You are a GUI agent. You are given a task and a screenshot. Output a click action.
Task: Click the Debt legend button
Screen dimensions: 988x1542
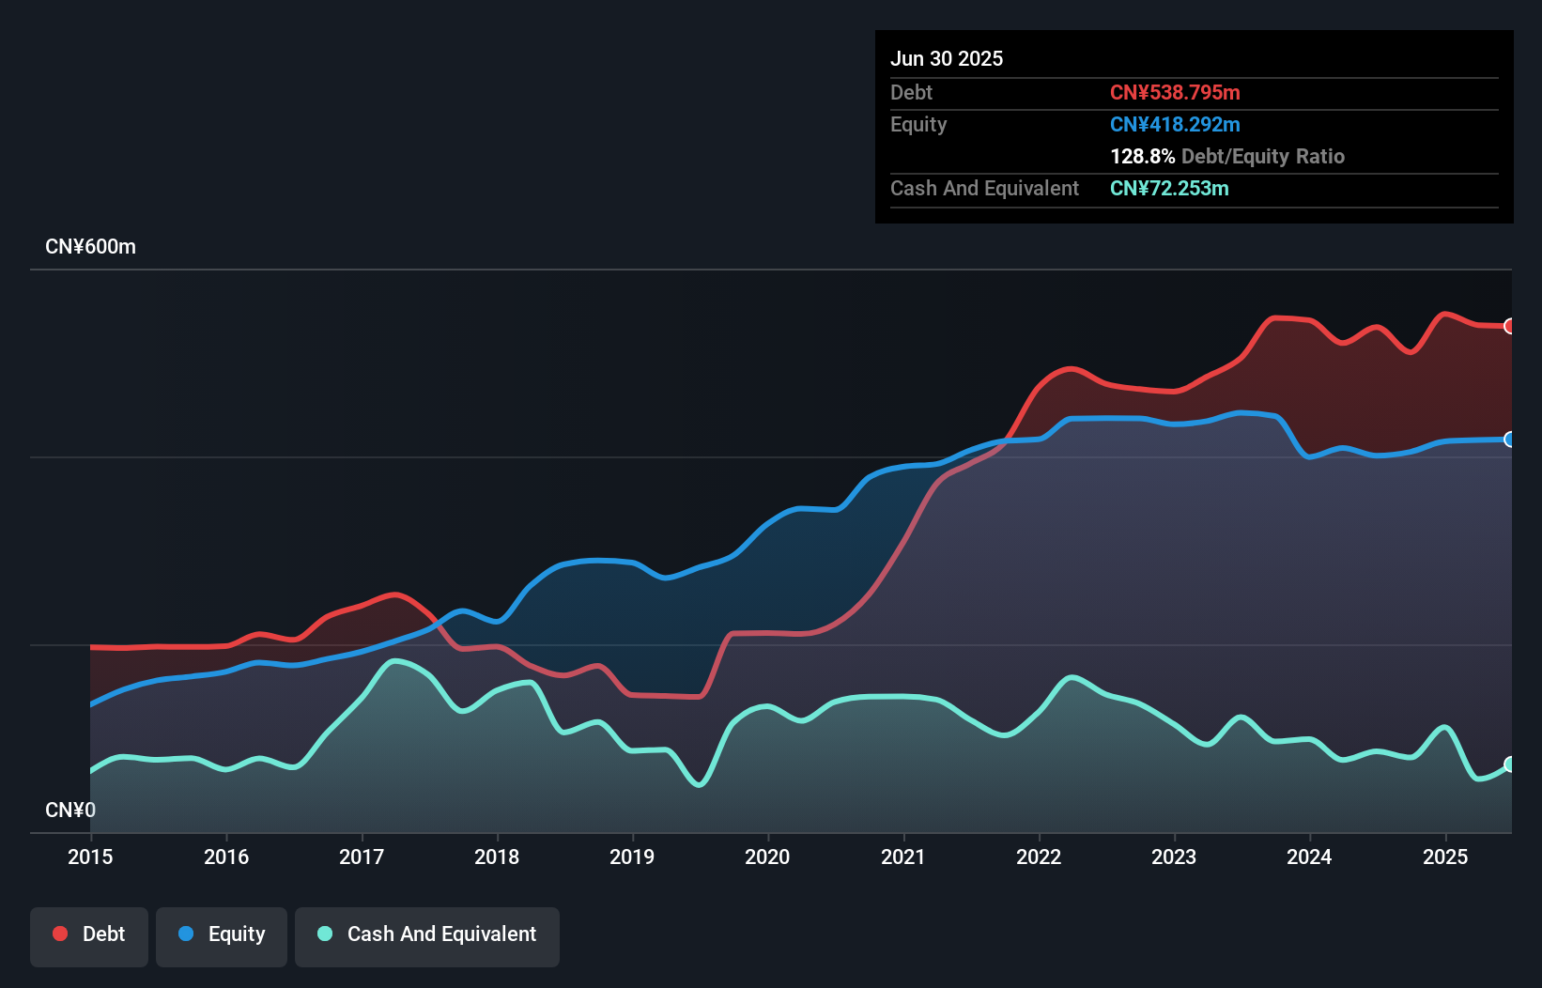point(89,934)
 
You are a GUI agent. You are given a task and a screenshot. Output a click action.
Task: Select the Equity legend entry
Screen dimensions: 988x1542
point(222,934)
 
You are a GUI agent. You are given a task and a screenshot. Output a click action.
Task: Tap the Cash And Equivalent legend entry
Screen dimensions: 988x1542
point(427,934)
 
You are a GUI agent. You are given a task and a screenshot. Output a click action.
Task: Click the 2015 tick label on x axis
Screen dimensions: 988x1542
point(90,857)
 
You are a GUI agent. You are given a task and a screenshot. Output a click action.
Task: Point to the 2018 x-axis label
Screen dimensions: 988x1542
point(497,857)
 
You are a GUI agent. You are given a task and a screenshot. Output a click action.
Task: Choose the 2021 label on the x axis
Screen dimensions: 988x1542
point(902,857)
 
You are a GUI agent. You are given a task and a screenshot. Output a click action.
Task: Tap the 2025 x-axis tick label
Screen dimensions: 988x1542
point(1445,857)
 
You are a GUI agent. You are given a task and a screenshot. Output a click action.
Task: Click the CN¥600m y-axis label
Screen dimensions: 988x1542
point(90,247)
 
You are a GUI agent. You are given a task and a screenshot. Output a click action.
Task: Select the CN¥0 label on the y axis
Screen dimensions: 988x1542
point(70,810)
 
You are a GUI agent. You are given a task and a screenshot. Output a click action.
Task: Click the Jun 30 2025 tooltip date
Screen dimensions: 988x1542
point(947,58)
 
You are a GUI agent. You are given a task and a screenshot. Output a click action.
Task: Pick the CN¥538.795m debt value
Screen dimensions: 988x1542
point(1175,92)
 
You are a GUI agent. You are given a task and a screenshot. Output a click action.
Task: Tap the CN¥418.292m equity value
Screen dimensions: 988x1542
point(1175,124)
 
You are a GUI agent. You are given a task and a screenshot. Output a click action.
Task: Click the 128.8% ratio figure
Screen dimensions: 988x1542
point(1142,156)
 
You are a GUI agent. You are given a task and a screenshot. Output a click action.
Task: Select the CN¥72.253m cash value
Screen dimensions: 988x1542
point(1169,188)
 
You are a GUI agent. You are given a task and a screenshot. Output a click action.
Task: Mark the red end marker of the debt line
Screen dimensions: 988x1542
point(1509,326)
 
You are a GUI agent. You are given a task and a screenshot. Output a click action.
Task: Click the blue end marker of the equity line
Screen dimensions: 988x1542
point(1509,440)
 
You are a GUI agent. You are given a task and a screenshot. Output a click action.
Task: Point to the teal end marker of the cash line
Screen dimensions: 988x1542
point(1509,764)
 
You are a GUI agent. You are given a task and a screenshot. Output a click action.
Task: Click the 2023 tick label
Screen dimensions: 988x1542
point(1174,857)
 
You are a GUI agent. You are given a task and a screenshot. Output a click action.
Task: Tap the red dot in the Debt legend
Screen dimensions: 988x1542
point(60,934)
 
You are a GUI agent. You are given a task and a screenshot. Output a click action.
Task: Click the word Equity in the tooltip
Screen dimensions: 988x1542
point(918,124)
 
